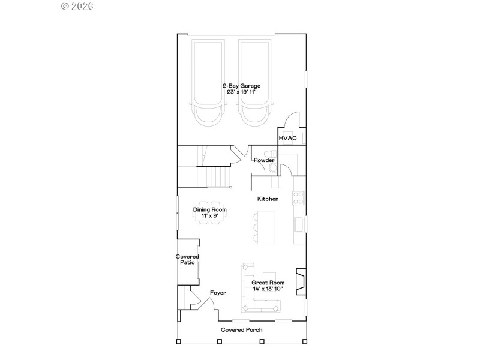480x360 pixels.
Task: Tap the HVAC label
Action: coord(287,139)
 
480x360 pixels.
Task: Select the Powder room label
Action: coord(264,160)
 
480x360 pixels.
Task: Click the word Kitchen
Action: coord(268,199)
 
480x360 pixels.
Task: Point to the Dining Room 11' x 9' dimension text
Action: coord(209,215)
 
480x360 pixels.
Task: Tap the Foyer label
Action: coord(218,293)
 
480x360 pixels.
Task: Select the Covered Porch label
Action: coord(241,330)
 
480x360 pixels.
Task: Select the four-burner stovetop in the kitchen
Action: coord(298,197)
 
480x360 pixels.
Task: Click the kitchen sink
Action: coord(299,224)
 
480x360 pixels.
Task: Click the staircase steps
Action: coord(214,176)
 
